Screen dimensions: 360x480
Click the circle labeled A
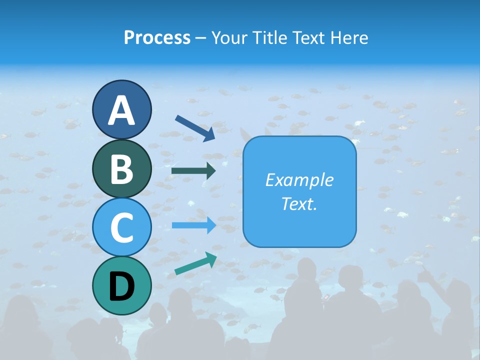[121, 110]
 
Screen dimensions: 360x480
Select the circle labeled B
[121, 168]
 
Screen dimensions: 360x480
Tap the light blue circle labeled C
[121, 227]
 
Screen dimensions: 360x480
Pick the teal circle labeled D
[121, 285]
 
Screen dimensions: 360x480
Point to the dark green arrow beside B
[193, 171]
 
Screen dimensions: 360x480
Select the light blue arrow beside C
[194, 225]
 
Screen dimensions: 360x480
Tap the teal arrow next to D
[195, 263]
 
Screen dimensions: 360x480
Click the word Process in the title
[157, 37]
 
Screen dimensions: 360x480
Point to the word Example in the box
[299, 180]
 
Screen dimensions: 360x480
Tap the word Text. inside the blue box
[299, 203]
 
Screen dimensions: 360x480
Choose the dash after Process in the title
[201, 38]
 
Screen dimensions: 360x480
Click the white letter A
[121, 110]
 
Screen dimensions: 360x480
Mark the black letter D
[121, 286]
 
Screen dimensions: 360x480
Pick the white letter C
[121, 227]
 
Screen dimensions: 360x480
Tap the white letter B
[121, 169]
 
